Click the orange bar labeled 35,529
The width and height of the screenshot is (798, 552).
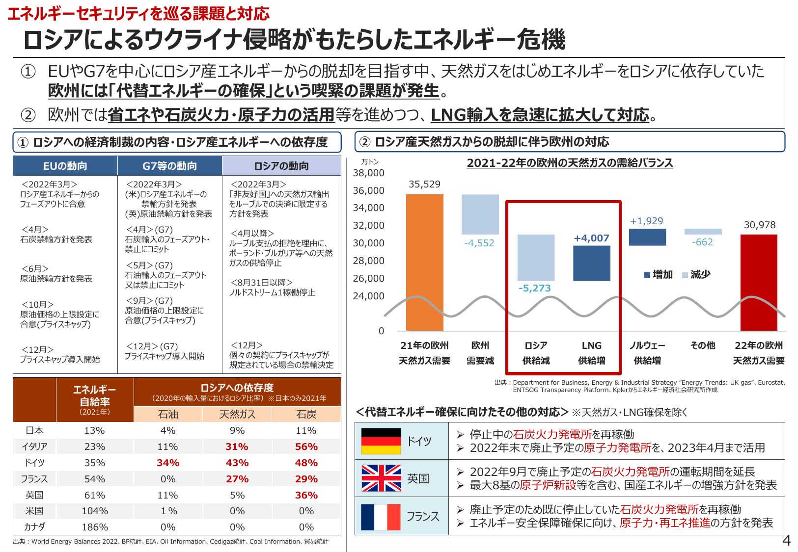[x=424, y=263]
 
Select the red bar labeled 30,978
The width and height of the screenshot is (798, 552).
[x=759, y=282]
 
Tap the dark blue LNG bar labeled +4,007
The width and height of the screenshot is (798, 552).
[x=592, y=263]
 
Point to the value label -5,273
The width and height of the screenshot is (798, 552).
[x=535, y=289]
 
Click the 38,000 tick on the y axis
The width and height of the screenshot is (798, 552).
[x=369, y=173]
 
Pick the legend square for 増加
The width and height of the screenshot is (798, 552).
[x=647, y=275]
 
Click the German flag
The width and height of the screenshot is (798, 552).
[x=381, y=441]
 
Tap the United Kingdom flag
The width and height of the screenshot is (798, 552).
[x=381, y=478]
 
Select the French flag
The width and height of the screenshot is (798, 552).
[x=381, y=517]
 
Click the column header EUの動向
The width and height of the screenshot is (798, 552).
[x=65, y=166]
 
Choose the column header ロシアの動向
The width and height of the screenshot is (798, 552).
[x=281, y=166]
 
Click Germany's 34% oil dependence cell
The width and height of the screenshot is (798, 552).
[x=168, y=463]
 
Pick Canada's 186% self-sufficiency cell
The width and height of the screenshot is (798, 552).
[x=95, y=527]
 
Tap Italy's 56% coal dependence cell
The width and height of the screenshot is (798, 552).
[x=306, y=447]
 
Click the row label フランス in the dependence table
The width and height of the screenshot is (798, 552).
[x=34, y=479]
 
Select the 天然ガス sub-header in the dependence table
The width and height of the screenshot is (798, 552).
[x=237, y=415]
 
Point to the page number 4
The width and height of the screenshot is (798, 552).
[x=786, y=541]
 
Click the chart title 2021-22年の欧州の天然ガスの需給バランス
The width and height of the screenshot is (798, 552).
[x=570, y=163]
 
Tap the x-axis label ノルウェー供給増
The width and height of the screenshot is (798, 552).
[x=647, y=353]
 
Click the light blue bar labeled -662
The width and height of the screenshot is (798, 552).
[x=703, y=232]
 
